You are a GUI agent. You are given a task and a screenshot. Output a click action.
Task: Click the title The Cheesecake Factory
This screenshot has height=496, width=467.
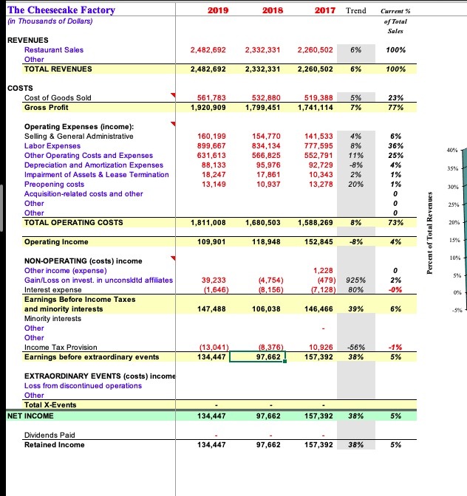point(61,10)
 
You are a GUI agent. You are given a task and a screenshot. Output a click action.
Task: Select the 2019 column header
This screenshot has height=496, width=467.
point(217,10)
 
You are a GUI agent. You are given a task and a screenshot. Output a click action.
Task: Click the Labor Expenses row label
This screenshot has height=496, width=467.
point(52,146)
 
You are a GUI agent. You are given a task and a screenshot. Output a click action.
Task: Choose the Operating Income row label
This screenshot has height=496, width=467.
point(56,242)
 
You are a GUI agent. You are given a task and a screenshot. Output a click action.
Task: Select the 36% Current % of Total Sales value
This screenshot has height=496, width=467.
point(395,146)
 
